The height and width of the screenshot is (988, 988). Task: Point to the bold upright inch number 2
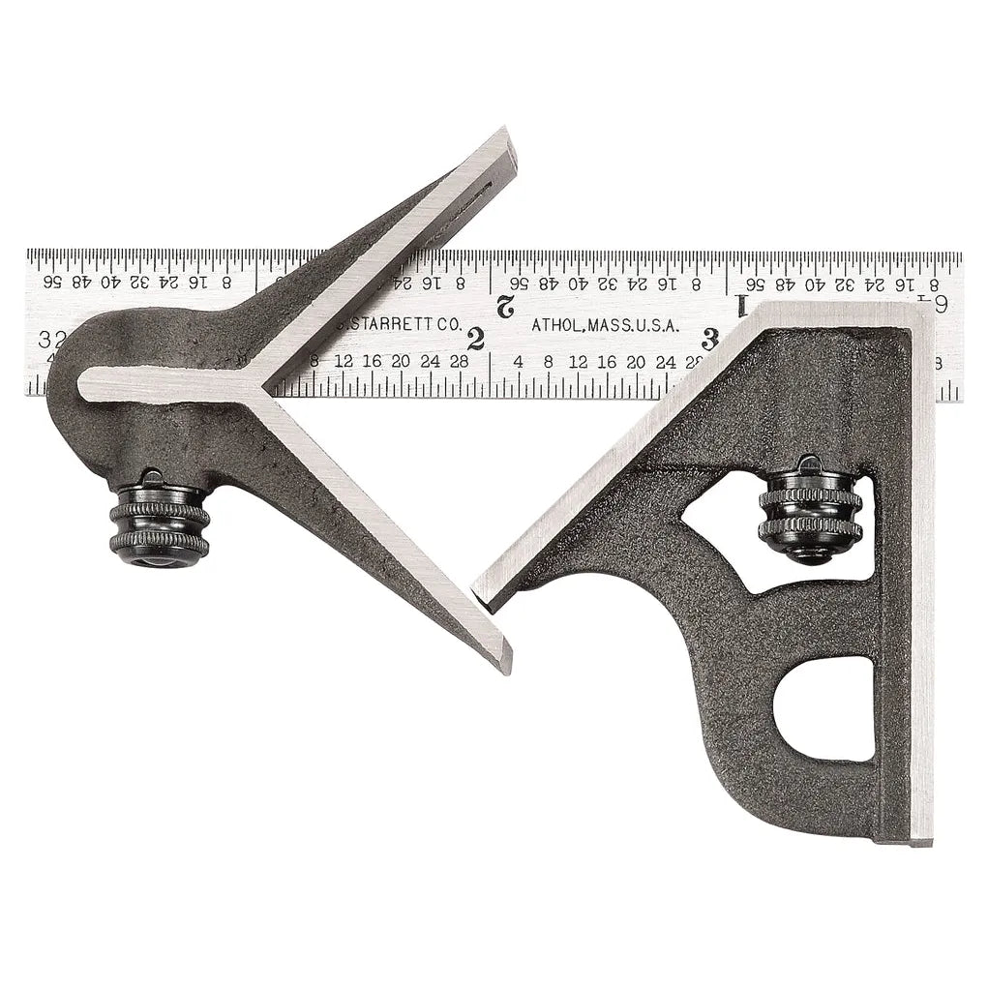pos(474,339)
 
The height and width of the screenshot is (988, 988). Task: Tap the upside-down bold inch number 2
pos(503,308)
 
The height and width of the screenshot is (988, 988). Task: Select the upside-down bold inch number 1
pos(742,307)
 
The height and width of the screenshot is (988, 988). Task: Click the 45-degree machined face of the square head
pos(619,455)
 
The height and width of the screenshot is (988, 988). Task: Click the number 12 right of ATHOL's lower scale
pos(579,362)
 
